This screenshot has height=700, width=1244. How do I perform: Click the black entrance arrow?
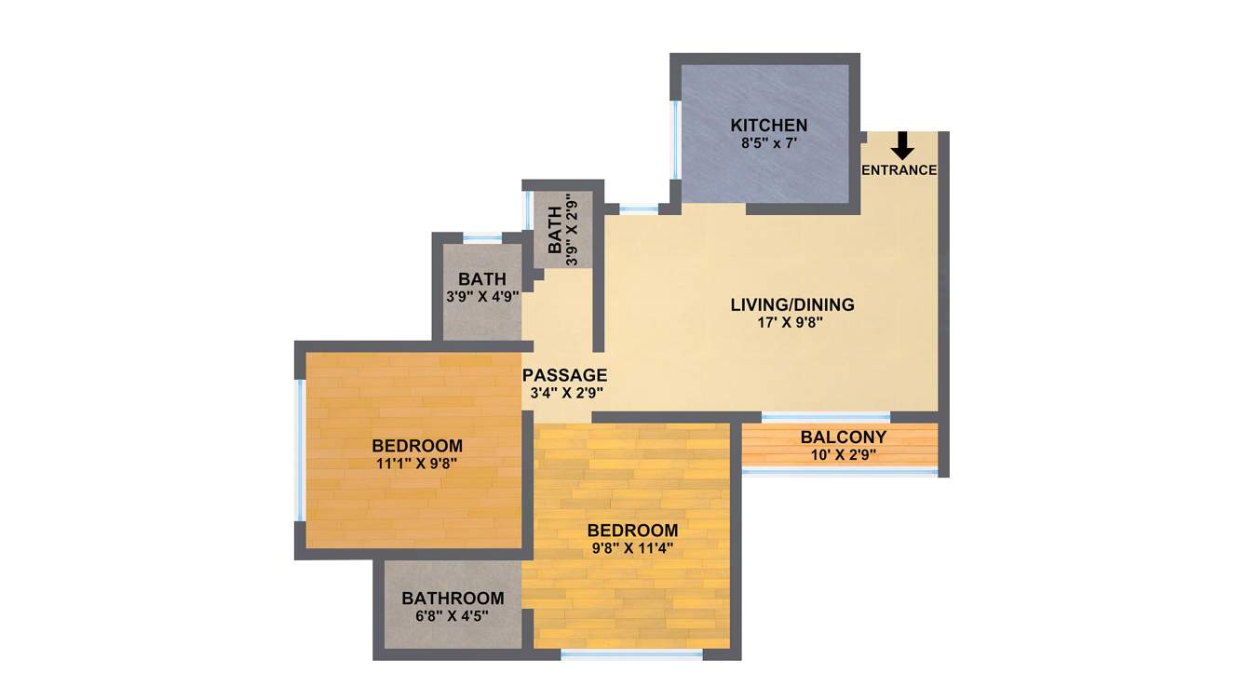[x=901, y=144]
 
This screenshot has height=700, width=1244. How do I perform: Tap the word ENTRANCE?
[x=899, y=170]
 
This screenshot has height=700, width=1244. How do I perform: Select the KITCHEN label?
[x=768, y=126]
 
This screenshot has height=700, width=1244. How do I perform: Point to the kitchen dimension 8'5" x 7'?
[x=768, y=143]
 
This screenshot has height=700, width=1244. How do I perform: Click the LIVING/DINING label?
[x=791, y=304]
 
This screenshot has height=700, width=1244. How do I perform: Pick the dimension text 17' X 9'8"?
[x=791, y=323]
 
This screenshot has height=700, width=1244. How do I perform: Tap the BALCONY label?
[x=843, y=437]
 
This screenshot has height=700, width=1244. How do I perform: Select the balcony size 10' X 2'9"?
[x=843, y=455]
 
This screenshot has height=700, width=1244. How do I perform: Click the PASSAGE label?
[x=564, y=375]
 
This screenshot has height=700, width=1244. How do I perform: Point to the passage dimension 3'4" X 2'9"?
[x=564, y=394]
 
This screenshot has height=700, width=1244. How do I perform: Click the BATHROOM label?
[x=453, y=599]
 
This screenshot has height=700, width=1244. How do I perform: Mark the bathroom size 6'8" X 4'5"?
[x=453, y=616]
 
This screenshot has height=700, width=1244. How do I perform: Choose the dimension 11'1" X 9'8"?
[x=416, y=463]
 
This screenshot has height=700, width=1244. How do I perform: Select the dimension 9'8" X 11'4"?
[x=632, y=548]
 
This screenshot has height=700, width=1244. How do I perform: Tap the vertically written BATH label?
[x=555, y=231]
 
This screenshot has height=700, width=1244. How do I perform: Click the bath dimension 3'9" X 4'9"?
[x=482, y=298]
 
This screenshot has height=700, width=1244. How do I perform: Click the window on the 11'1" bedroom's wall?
[x=300, y=451]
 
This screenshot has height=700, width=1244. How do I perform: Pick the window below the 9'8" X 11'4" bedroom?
[x=631, y=655]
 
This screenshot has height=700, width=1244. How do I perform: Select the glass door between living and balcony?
[x=826, y=417]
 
